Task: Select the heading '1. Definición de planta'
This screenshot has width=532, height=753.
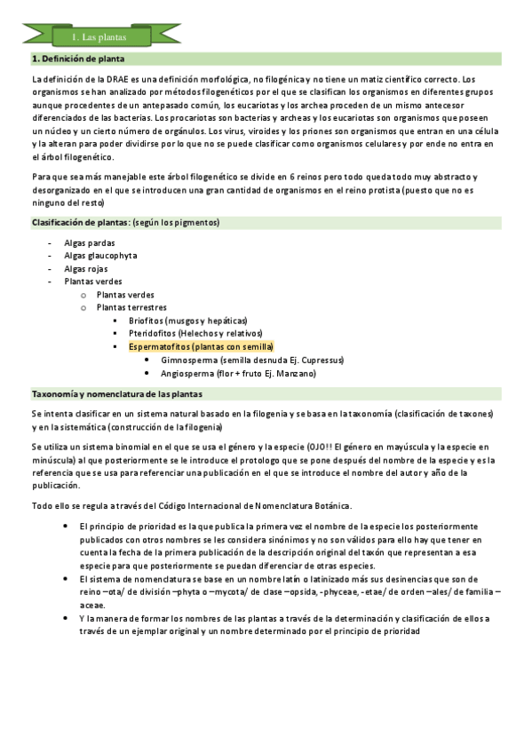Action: [x=77, y=59]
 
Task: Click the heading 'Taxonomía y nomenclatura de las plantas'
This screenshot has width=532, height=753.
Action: [x=116, y=393]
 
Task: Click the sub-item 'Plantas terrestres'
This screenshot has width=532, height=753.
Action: [x=131, y=307]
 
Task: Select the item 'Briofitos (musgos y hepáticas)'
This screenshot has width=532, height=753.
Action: [x=187, y=321]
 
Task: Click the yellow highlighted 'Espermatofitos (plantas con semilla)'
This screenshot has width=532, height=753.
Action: [x=201, y=347]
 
